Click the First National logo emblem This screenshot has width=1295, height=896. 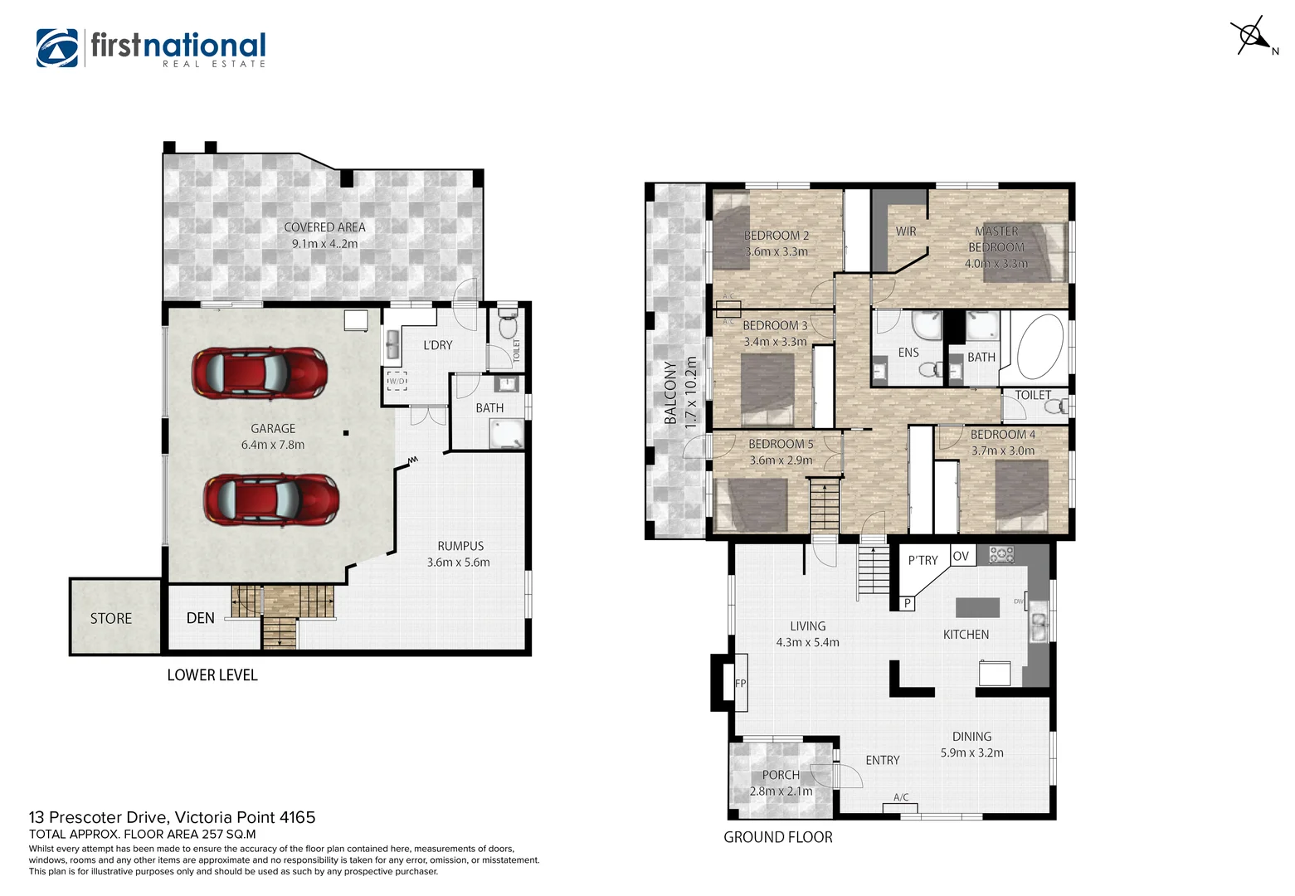[56, 48]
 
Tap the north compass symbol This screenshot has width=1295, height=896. [1250, 37]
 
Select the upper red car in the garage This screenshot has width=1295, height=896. [259, 373]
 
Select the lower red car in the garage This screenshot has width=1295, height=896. [271, 499]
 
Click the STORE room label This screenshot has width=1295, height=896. [111, 619]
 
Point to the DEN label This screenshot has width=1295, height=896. [201, 618]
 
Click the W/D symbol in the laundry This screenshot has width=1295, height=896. [397, 381]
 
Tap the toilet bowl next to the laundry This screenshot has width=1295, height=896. [507, 325]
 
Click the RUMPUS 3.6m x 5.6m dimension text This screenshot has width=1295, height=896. [459, 562]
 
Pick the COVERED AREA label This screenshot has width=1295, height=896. [324, 227]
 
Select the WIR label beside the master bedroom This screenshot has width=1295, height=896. [906, 231]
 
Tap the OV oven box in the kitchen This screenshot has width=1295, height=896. [961, 556]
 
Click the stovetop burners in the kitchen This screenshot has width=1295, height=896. [1001, 554]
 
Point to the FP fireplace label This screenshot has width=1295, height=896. [740, 684]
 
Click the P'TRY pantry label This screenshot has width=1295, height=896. [923, 561]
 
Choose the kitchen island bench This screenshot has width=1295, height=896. [977, 607]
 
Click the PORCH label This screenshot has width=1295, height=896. [781, 775]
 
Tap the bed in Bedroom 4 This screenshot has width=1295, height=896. [1021, 495]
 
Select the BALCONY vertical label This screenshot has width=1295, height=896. [670, 392]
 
